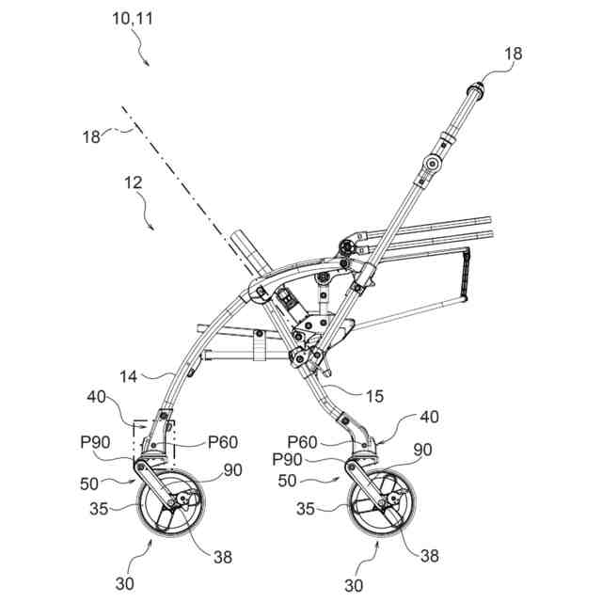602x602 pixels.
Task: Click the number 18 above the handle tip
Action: click(x=513, y=55)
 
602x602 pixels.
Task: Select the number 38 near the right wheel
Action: click(x=428, y=555)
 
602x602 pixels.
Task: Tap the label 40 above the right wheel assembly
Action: click(x=429, y=417)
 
